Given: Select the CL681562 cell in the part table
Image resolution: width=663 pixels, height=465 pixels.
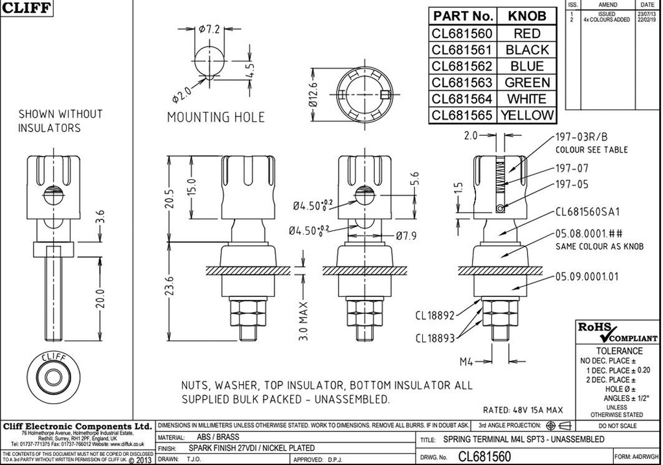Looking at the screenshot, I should click(462, 66).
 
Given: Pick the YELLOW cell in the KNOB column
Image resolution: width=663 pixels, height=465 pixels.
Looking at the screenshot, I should click(528, 116).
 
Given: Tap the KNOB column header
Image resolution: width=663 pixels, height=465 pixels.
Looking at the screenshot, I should click(527, 16).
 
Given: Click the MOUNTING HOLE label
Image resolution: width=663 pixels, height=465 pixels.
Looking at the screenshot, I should click(216, 117).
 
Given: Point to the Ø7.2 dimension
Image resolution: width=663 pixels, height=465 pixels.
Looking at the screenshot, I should click(210, 29).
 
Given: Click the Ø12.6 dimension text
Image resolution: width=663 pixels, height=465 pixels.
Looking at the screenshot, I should click(313, 94).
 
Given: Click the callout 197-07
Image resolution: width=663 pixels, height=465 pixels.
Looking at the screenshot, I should click(572, 168).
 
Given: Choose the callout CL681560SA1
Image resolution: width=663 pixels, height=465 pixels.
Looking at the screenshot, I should click(588, 211).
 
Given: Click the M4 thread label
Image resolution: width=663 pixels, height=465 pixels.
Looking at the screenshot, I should click(468, 360).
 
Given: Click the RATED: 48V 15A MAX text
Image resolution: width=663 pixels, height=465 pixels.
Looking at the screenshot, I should click(523, 410).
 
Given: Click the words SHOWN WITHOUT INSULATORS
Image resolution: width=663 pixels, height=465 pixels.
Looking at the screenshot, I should click(60, 121).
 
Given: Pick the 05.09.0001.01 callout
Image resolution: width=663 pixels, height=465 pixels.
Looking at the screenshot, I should click(587, 276).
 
